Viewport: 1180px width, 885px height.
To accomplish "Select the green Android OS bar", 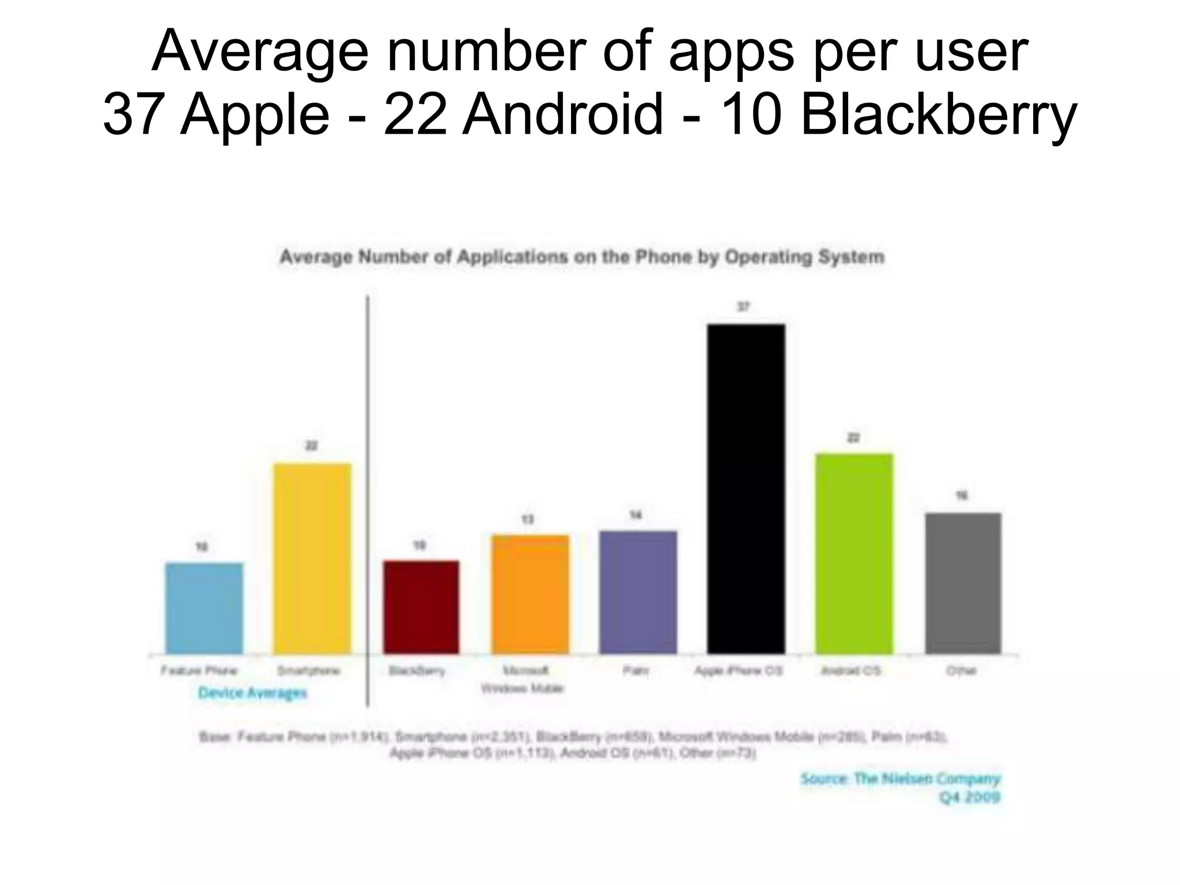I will click(x=853, y=553).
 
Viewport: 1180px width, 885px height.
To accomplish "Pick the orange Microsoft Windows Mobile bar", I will click(x=530, y=594).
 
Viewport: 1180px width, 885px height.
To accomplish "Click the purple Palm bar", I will click(x=637, y=592).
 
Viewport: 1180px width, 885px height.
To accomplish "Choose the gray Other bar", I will click(x=962, y=583).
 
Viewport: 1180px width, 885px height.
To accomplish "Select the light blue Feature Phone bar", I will click(x=204, y=608).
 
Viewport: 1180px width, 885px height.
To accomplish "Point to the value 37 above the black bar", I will click(x=743, y=307).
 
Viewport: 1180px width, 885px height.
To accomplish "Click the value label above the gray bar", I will click(x=962, y=496).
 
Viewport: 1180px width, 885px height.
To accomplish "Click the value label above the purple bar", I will click(x=636, y=515).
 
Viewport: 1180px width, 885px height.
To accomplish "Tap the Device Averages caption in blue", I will click(x=252, y=693).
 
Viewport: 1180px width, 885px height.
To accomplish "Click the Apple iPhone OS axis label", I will click(x=738, y=671).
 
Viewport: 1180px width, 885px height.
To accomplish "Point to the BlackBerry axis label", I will click(x=417, y=671).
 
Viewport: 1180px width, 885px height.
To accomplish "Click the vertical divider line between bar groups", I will click(x=368, y=501).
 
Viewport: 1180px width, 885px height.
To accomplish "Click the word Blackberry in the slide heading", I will click(x=938, y=114).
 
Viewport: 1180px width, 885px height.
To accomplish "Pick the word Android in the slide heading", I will click(x=562, y=114).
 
